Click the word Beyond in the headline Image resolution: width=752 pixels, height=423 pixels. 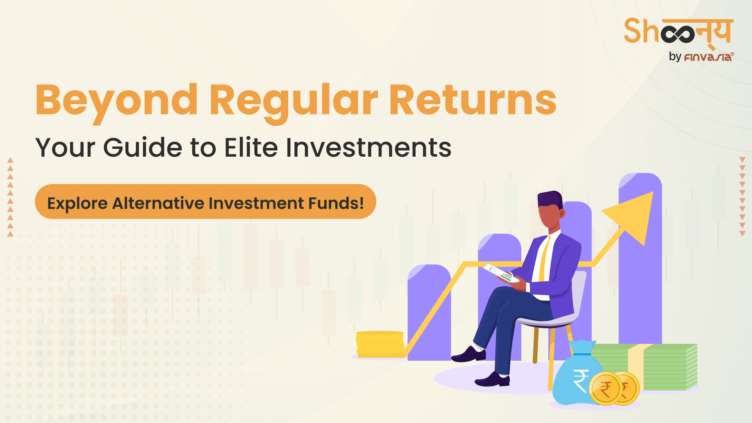[x=117, y=102]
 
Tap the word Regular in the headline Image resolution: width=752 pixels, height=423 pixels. [x=294, y=102]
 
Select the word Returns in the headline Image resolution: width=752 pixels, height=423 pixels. [x=473, y=100]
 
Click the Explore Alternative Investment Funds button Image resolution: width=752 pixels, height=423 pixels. [x=206, y=202]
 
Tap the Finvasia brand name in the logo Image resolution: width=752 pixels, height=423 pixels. [x=709, y=57]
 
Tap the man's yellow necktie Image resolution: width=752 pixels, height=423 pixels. [x=544, y=258]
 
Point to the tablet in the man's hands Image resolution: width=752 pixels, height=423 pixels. [x=500, y=273]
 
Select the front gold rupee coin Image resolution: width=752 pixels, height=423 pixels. [x=606, y=389]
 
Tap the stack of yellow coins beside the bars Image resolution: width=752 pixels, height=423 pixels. [x=380, y=344]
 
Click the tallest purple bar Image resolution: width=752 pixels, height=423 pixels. [x=640, y=258]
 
